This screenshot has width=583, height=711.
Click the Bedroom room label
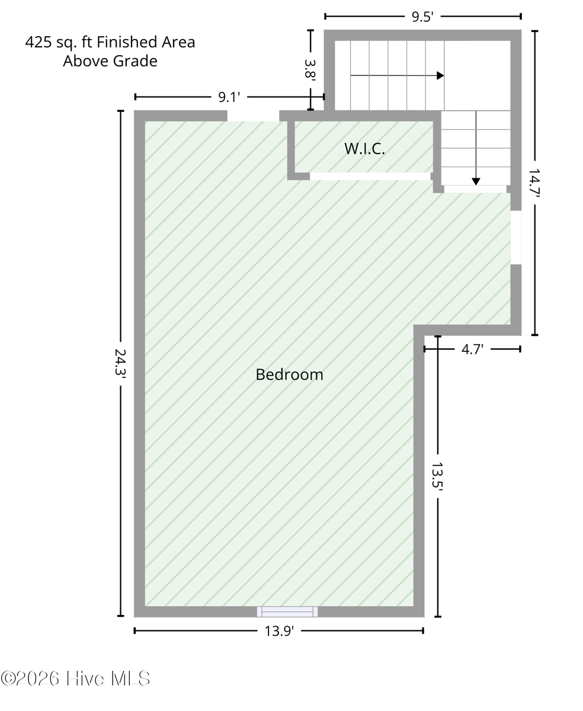click(289, 374)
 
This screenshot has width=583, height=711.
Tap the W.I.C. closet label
click(364, 149)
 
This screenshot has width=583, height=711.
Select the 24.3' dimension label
click(120, 362)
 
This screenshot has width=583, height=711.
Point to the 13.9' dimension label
click(279, 631)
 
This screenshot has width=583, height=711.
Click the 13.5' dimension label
click(437, 475)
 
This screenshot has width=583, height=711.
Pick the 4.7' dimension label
click(472, 349)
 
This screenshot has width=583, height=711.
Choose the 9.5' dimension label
click(422, 17)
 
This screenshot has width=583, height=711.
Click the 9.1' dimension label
click(229, 97)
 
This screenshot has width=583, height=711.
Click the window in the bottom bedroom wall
click(287, 611)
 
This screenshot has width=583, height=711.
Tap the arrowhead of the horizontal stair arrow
click(440, 75)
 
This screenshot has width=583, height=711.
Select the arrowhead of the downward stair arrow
click(476, 182)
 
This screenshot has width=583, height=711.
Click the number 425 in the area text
click(39, 43)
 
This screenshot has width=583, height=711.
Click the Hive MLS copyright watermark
click(75, 678)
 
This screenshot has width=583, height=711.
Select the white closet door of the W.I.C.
click(370, 177)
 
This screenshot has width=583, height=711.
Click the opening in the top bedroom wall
click(253, 116)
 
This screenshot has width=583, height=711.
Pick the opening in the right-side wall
click(516, 238)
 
